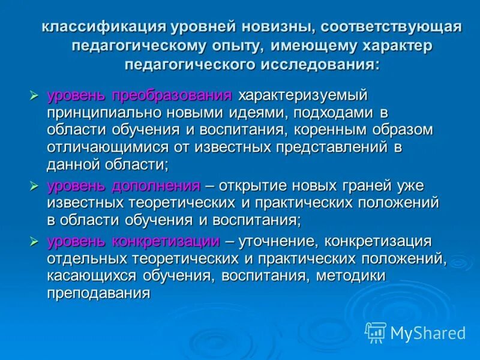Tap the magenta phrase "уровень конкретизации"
coord(134,242)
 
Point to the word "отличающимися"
coord(102,148)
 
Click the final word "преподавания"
coord(98,294)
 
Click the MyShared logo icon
coord(376,332)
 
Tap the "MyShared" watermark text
coord(428,332)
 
